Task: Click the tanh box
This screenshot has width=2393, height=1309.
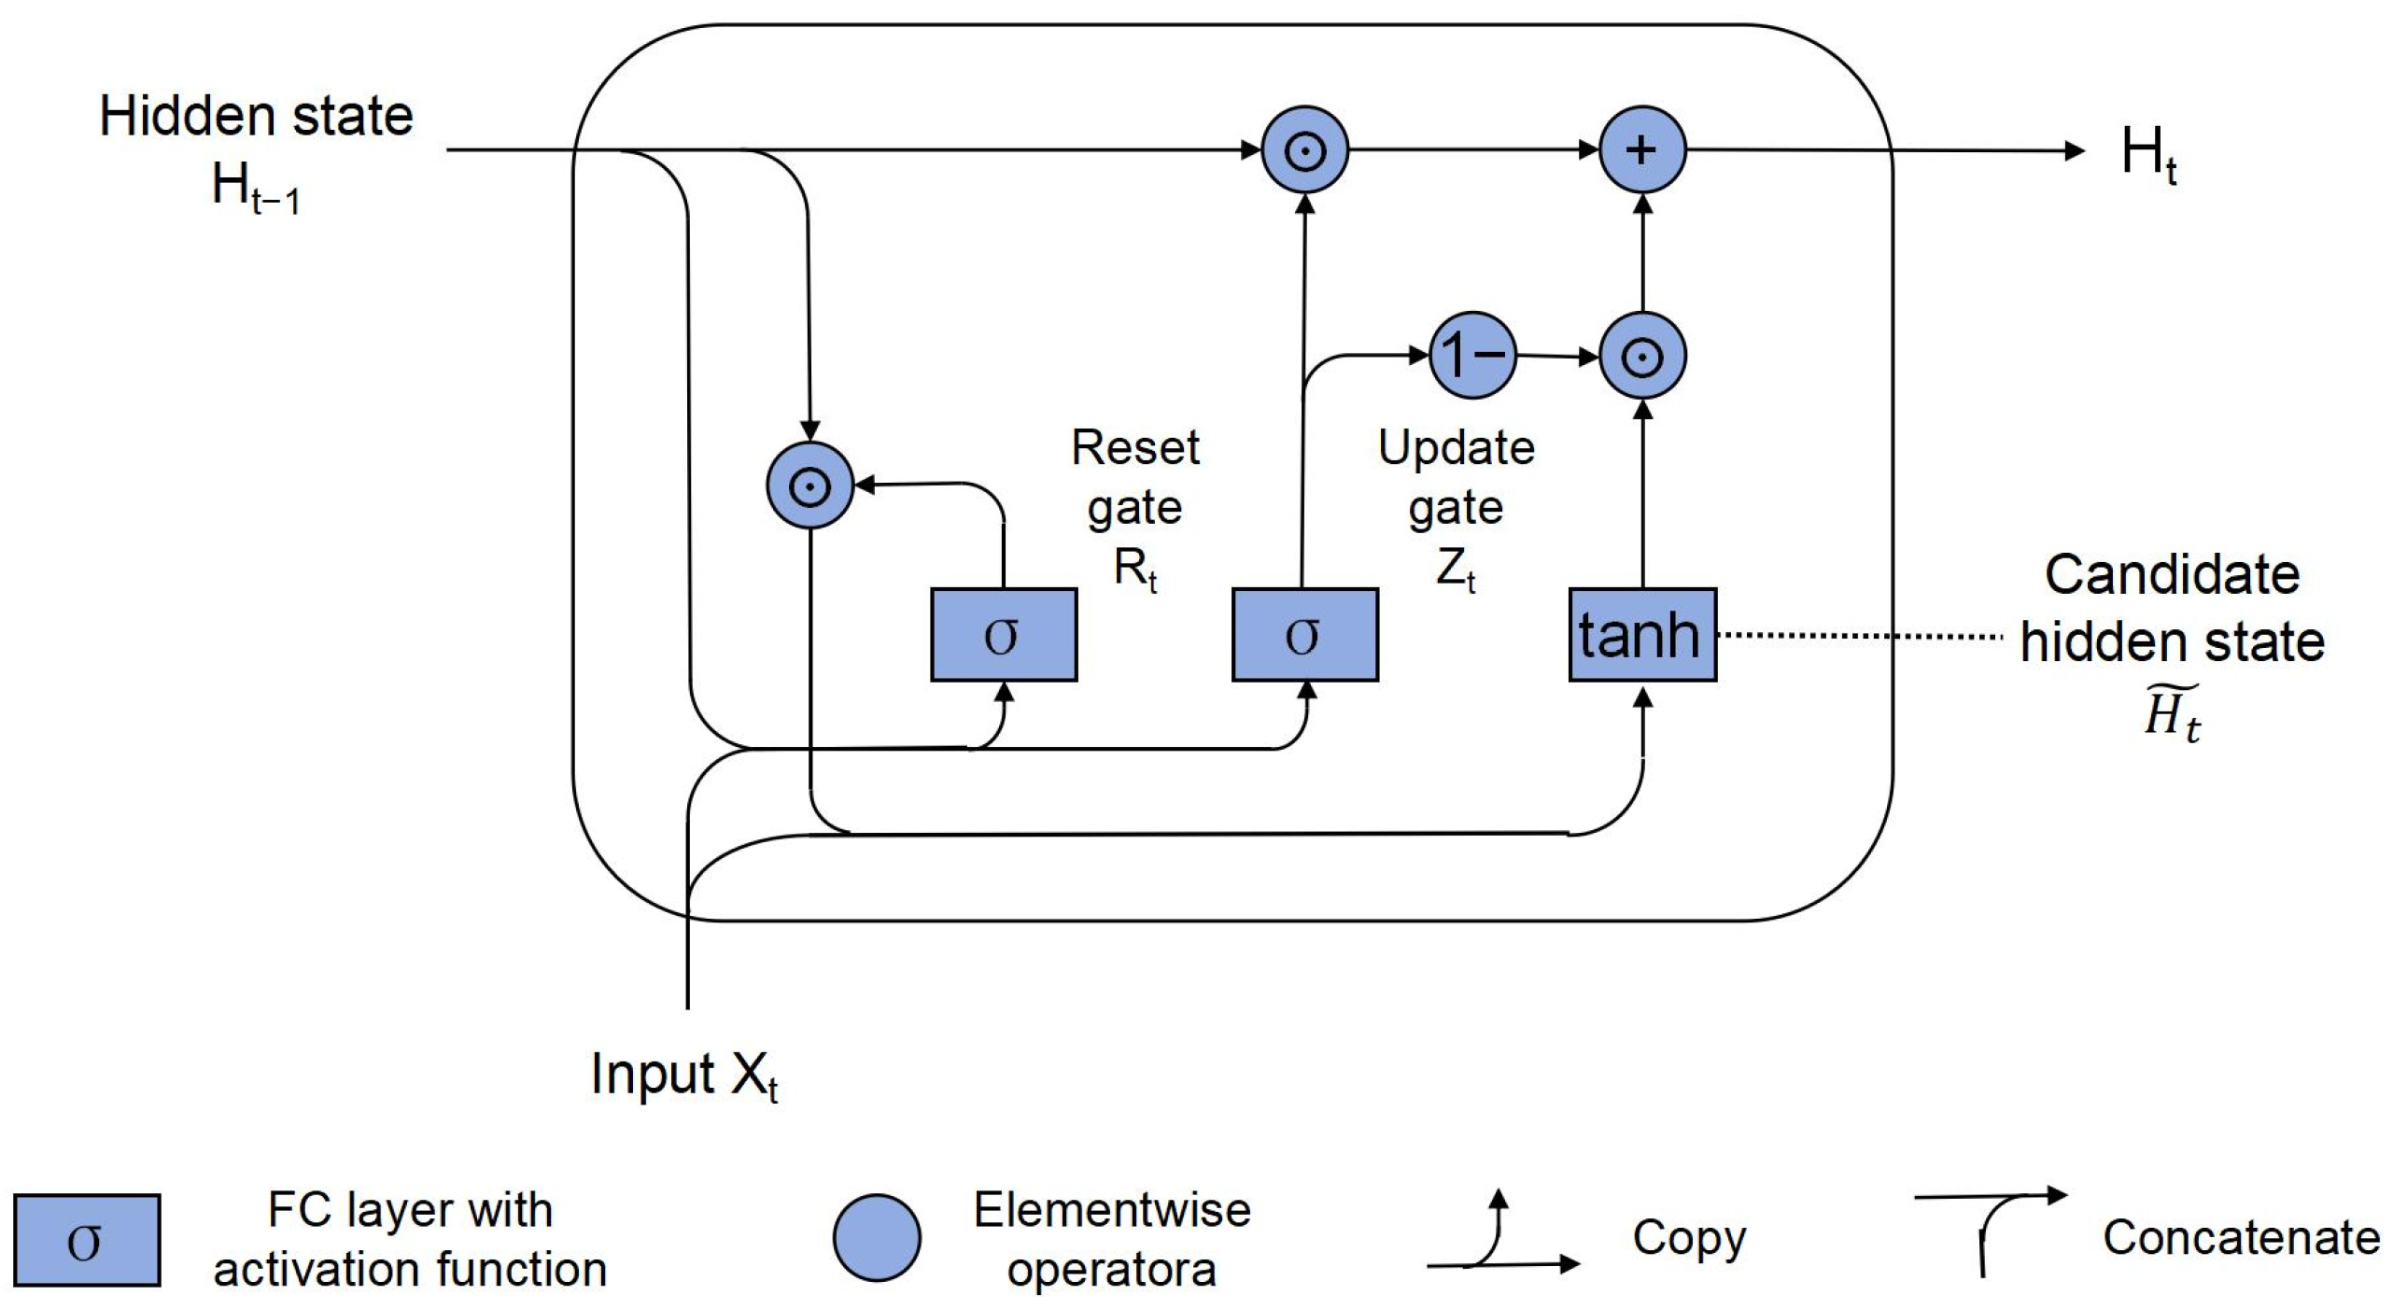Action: (1642, 635)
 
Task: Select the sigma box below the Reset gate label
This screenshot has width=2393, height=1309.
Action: (1004, 635)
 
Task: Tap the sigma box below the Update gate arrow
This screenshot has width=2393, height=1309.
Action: (1305, 635)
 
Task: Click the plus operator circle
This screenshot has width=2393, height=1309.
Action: (1642, 149)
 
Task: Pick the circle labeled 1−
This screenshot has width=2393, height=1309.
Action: (1473, 355)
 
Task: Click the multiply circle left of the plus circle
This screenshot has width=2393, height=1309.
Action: (1305, 149)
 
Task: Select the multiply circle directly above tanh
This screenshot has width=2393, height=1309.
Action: (1642, 356)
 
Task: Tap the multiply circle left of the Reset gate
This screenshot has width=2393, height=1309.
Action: (809, 486)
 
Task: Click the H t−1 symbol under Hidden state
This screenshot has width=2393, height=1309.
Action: (256, 188)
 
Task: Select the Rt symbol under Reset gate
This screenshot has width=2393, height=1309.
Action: (1135, 570)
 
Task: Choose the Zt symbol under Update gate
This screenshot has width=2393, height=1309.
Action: (1457, 570)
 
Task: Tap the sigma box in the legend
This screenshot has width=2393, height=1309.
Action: (87, 1241)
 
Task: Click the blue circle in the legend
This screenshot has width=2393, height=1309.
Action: (877, 1238)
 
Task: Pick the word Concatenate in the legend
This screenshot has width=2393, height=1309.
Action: (2241, 1238)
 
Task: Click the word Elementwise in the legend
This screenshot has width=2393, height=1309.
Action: (1112, 1210)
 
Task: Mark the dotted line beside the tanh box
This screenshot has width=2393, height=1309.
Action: (1860, 636)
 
